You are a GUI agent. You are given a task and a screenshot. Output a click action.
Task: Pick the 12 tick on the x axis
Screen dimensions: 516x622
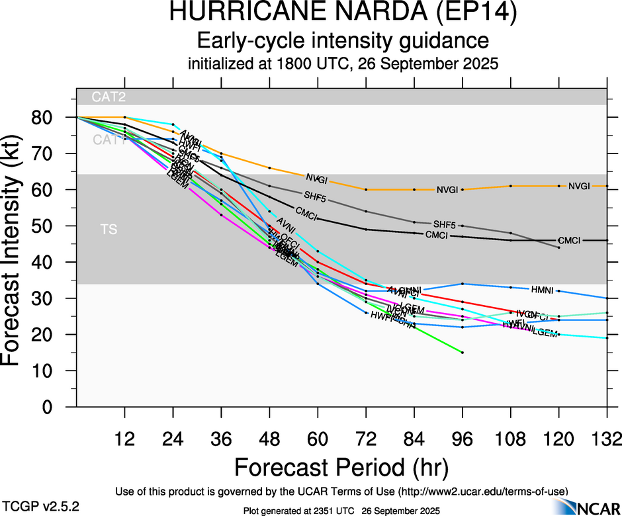[x=124, y=439]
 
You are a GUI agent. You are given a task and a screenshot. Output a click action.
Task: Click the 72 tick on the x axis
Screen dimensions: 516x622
[x=366, y=439]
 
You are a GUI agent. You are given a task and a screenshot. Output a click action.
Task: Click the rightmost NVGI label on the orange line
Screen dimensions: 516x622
[x=579, y=187]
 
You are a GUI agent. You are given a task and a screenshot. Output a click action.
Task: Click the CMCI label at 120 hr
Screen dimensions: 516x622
[x=569, y=240]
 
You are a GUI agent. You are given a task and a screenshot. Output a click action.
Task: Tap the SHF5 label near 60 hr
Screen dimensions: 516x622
[x=314, y=196]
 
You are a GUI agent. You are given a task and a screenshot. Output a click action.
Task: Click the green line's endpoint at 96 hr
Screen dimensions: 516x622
[x=463, y=353]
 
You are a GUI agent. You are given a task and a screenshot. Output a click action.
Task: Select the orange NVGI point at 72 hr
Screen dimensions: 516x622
[x=366, y=189]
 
